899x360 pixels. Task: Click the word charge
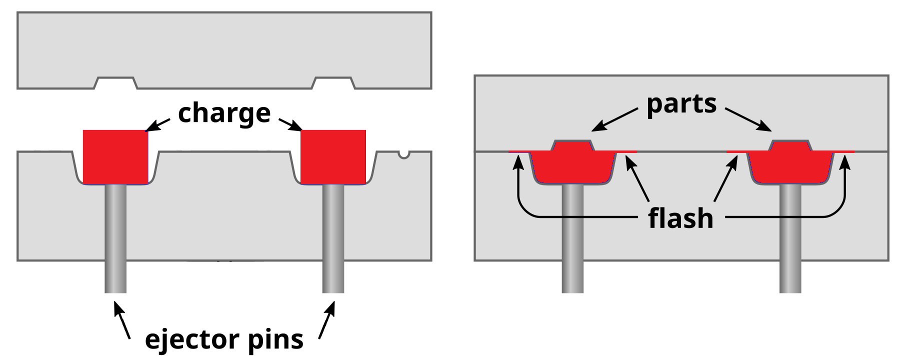tap(224, 114)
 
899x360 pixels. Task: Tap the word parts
tap(681, 104)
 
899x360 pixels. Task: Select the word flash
tap(680, 218)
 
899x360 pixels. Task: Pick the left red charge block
tap(115, 156)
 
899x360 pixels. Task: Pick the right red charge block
tap(333, 156)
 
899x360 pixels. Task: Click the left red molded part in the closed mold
tap(572, 165)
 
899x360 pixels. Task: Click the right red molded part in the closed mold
tap(790, 165)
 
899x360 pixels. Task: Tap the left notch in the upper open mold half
tap(115, 83)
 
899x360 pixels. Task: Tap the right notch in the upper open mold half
tap(333, 83)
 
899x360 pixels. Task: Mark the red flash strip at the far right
tap(845, 151)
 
